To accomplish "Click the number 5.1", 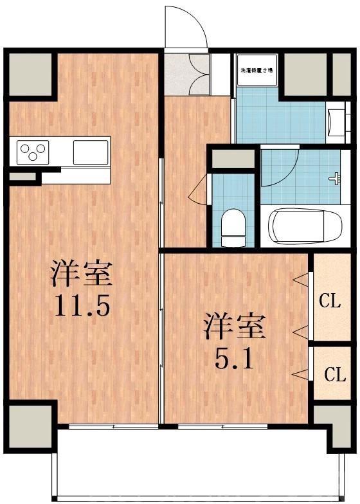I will (234, 358).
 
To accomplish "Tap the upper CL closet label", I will (330, 301).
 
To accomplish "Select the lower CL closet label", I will (334, 374).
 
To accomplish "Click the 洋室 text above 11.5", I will (82, 274).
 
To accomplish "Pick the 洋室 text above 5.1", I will (235, 327).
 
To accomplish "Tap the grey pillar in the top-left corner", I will (30, 73).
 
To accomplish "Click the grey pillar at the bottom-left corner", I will (30, 424).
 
